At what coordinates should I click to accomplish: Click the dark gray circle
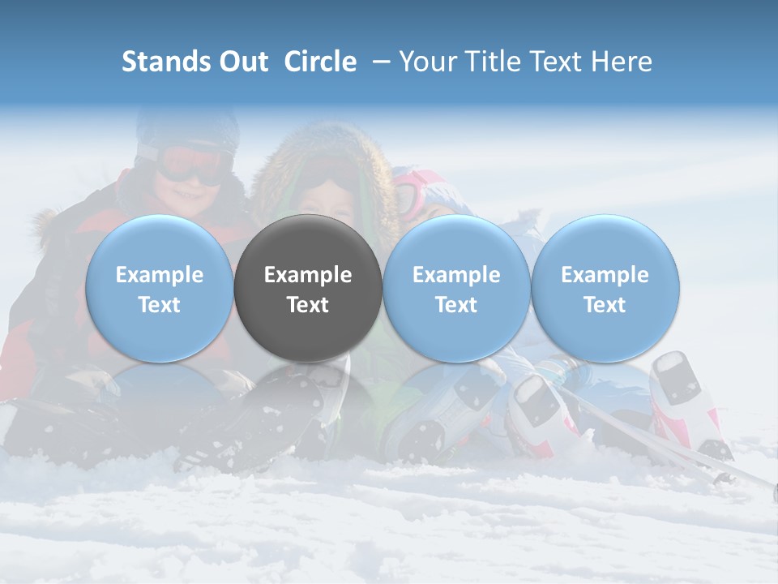point(308,288)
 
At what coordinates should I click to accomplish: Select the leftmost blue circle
point(159,288)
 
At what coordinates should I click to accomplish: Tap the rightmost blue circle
point(605,288)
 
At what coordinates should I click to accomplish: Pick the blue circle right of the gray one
point(456,288)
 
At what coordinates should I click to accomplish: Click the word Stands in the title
point(166,62)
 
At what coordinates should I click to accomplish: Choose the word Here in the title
point(620,62)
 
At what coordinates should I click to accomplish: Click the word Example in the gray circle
point(308,275)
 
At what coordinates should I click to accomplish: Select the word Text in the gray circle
point(308,305)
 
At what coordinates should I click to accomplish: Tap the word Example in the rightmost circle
point(605,275)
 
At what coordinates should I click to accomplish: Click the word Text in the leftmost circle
point(159,305)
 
